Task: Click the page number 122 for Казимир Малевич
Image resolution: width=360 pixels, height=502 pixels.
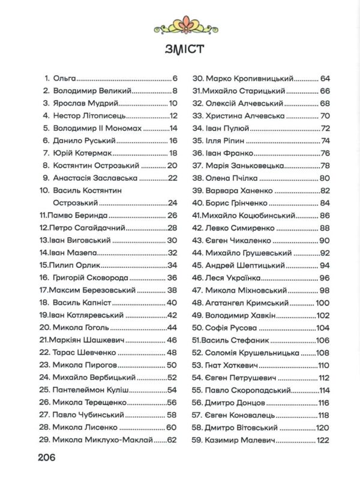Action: (321, 440)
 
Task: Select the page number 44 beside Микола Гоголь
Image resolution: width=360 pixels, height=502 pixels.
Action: (172, 327)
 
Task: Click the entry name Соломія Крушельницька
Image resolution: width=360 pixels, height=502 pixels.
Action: (251, 352)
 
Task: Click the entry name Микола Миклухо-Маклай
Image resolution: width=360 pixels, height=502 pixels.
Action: (107, 440)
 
